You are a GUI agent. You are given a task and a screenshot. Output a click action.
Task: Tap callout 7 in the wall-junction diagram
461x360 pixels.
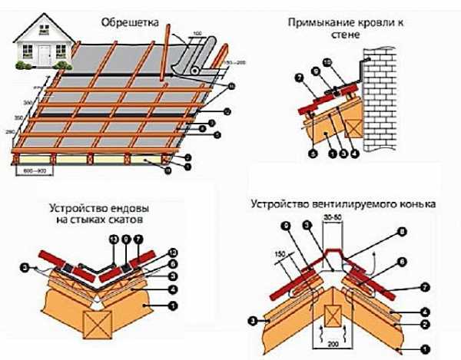click(x=300, y=79)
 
